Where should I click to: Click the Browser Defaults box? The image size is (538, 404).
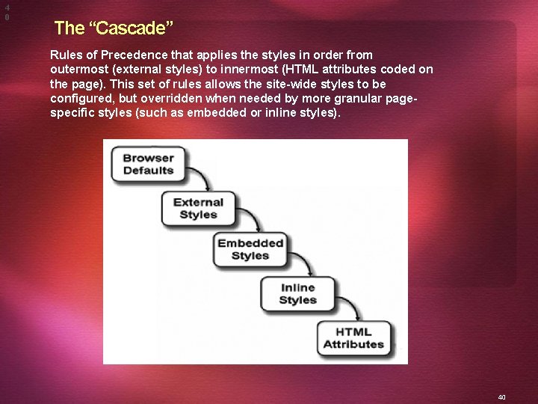pyautogui.click(x=148, y=164)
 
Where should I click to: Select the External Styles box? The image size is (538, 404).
pyautogui.click(x=198, y=208)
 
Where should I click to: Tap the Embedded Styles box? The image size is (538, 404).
pyautogui.click(x=250, y=249)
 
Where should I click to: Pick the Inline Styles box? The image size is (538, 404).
pyautogui.click(x=297, y=294)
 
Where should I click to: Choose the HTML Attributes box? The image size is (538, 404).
pyautogui.click(x=353, y=338)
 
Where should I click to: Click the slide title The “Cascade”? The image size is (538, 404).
pyautogui.click(x=114, y=28)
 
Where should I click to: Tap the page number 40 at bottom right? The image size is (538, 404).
pyautogui.click(x=501, y=397)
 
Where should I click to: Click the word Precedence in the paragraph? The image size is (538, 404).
pyautogui.click(x=131, y=55)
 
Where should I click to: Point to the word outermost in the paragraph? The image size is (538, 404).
pyautogui.click(x=80, y=69)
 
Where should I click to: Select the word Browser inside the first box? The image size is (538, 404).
pyautogui.click(x=148, y=158)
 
